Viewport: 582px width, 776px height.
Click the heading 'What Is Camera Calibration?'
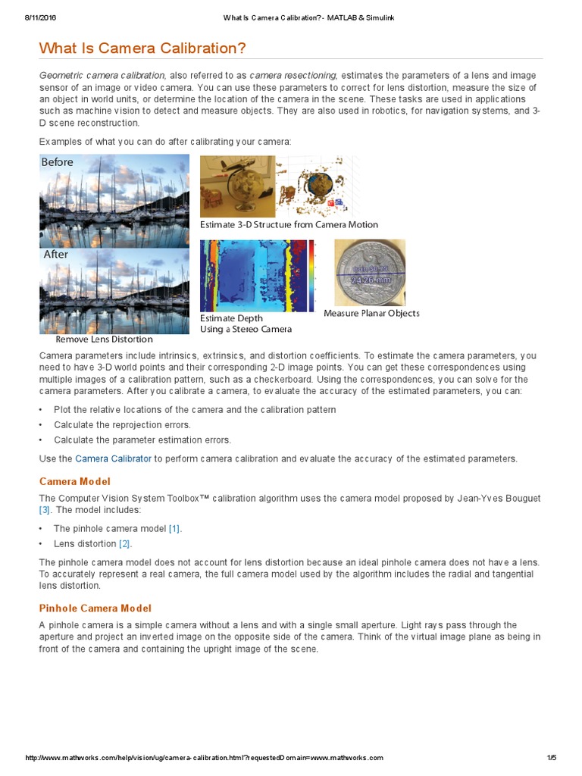tap(142, 48)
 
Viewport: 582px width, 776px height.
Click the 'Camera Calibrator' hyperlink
tap(113, 458)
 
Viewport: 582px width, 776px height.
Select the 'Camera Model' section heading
tap(74, 481)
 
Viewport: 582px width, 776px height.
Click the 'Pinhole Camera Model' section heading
tap(95, 608)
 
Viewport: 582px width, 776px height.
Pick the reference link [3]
tap(44, 509)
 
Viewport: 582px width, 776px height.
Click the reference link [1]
tap(174, 528)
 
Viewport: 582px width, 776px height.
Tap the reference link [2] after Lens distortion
tap(125, 543)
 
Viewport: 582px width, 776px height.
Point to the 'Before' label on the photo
tap(58, 162)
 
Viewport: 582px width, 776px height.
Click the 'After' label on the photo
tap(55, 255)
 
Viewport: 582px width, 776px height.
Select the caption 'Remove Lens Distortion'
tap(104, 339)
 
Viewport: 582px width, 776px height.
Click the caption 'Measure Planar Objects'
tap(371, 313)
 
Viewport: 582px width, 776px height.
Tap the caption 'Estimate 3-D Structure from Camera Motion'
tap(289, 224)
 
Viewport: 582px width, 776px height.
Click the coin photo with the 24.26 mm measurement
tap(370, 273)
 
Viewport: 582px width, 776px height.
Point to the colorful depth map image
tap(257, 276)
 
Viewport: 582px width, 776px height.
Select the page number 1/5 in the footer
tap(551, 758)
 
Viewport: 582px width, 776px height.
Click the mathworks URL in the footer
tap(205, 758)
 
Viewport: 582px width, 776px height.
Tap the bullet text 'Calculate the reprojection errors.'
tap(122, 424)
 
